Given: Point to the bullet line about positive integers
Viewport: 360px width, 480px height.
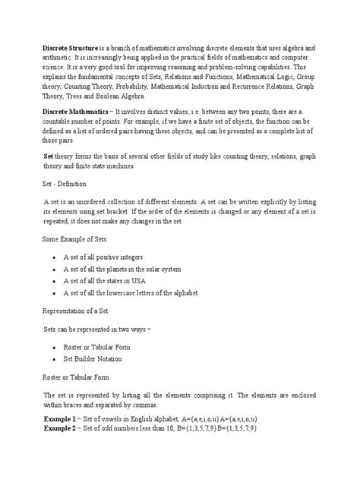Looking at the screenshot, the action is coord(103,257).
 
